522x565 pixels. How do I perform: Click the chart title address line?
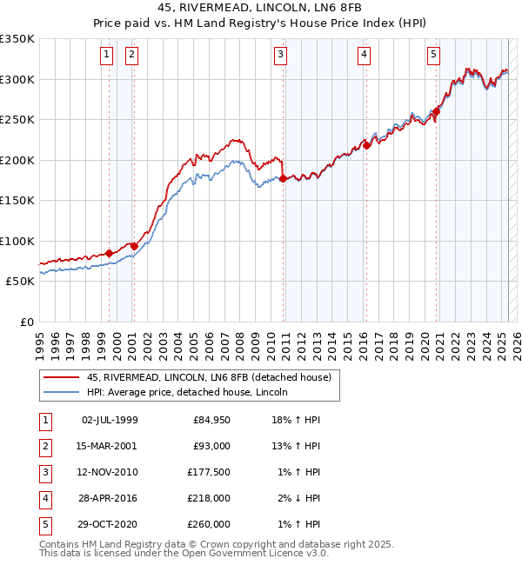click(x=261, y=8)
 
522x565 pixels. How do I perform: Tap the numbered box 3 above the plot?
click(x=281, y=55)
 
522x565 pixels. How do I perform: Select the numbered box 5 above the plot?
click(x=433, y=55)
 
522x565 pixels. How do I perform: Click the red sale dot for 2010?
click(x=284, y=179)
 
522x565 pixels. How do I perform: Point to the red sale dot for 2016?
click(x=367, y=146)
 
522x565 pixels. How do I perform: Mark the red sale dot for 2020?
click(x=437, y=111)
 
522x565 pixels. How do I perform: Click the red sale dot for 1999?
click(x=109, y=254)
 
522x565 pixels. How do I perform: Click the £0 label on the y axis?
click(x=26, y=322)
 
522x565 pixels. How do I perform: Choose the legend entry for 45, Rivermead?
click(x=209, y=377)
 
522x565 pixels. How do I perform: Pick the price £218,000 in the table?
click(x=211, y=498)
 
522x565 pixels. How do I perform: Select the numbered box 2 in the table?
click(x=44, y=446)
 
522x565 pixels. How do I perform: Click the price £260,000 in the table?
click(x=211, y=524)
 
